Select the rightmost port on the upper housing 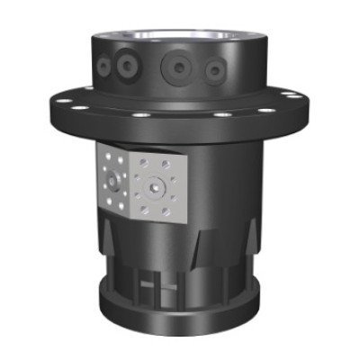[214, 70]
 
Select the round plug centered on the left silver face [111, 183]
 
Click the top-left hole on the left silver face [101, 158]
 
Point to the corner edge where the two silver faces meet [129, 184]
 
